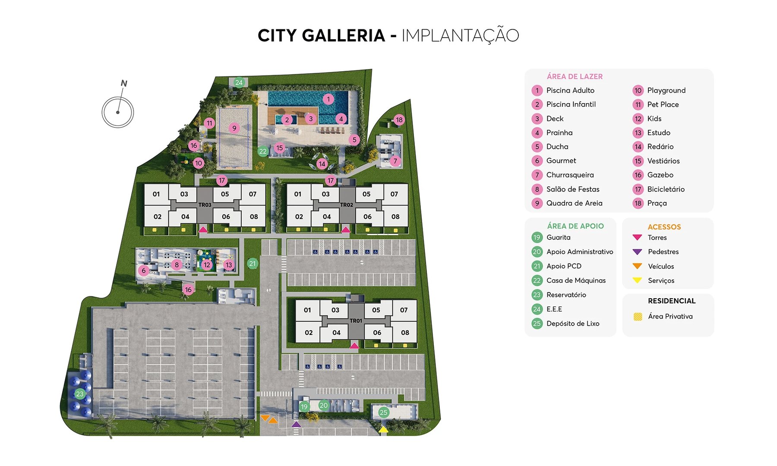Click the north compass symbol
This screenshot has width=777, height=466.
118,111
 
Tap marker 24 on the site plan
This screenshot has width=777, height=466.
239,82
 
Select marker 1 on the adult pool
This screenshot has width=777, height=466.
328,99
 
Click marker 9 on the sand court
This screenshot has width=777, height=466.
234,128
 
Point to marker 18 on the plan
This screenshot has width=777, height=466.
399,120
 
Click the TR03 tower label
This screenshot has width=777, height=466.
205,205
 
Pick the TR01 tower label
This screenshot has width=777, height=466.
356,321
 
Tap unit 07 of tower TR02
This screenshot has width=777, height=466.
394,194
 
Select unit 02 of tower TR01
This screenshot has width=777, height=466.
309,333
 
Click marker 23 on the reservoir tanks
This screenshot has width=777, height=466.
79,394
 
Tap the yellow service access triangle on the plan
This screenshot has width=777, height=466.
383,429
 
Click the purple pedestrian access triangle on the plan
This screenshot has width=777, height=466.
296,424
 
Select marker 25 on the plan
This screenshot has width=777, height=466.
383,412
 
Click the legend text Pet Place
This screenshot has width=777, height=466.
663,104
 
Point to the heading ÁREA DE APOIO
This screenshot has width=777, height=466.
575,226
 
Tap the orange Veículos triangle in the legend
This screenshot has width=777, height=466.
637,266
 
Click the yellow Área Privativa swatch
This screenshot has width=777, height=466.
638,317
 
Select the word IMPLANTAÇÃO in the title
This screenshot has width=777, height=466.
460,35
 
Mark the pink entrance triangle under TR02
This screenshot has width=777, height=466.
345,230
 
